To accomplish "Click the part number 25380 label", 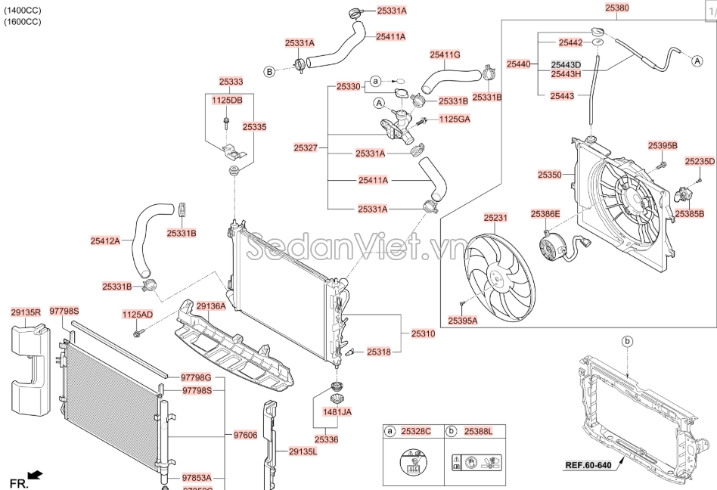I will click(616, 8).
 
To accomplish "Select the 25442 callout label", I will click(570, 42).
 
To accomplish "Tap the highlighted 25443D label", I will click(566, 64).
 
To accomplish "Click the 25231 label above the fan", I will click(496, 218).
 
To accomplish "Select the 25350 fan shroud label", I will click(550, 175).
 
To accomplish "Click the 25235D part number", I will click(700, 161).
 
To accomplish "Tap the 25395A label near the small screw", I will click(463, 321).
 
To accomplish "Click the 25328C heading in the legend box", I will click(415, 431).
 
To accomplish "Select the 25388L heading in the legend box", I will click(477, 431).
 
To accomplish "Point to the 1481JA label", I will click(337, 412).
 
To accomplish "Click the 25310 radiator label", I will click(423, 333).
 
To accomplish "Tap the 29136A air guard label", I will click(211, 306).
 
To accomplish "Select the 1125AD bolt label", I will click(138, 314).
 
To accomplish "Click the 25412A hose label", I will click(105, 241).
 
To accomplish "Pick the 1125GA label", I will click(455, 119).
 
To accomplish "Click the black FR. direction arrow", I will click(35, 476).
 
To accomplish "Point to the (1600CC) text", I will click(23, 22).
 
